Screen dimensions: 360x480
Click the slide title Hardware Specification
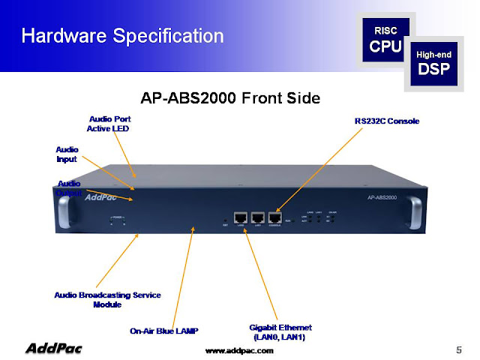pyautogui.click(x=121, y=35)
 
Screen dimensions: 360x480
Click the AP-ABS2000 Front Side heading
pyautogui.click(x=231, y=97)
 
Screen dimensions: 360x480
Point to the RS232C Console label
pyautogui.click(x=386, y=121)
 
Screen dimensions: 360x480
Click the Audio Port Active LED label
pyautogui.click(x=109, y=123)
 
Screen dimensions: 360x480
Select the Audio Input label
pyautogui.click(x=67, y=154)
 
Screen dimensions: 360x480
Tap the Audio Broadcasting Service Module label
pyautogui.click(x=107, y=299)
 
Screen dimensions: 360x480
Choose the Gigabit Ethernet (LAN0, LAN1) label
pyautogui.click(x=280, y=332)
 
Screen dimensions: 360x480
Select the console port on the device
pyautogui.click(x=279, y=217)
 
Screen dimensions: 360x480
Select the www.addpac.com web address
pyautogui.click(x=240, y=350)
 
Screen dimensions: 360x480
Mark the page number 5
pyautogui.click(x=458, y=349)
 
